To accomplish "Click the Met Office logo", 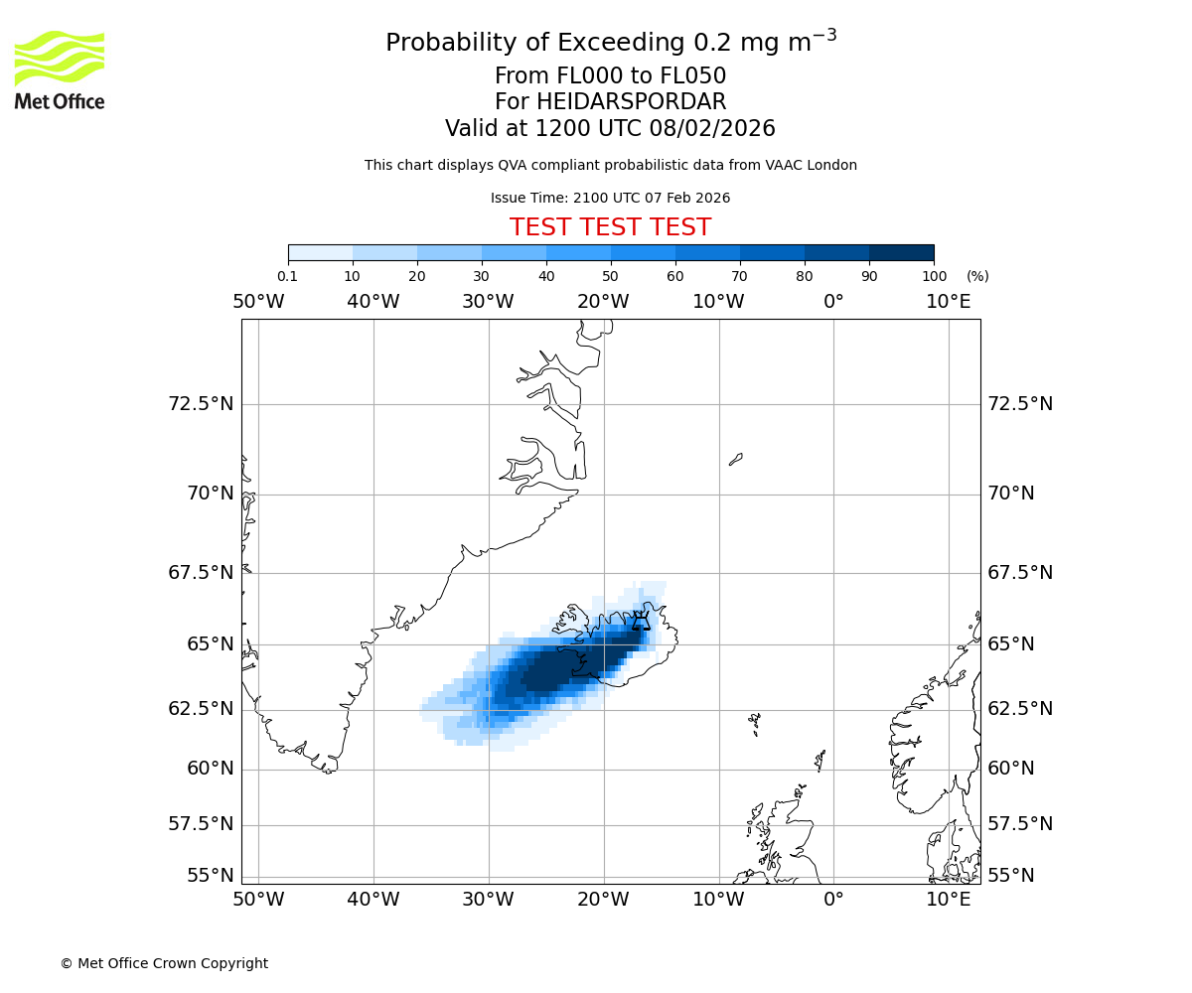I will coord(60,70).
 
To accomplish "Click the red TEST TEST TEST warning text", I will coord(610,228).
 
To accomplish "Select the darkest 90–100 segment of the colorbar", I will coord(901,252).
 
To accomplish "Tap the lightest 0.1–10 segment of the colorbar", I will coord(320,252).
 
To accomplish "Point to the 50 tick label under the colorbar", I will coord(610,277).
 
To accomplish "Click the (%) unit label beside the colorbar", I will coord(977,277).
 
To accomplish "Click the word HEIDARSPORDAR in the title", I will coord(631,102).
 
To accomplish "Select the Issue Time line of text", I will coord(610,199).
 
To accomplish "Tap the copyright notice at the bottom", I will coord(164,964).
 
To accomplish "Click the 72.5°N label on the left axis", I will coord(201,404).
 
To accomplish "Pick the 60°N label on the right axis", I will coord(1010,769).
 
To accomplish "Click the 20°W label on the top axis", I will coord(603,302).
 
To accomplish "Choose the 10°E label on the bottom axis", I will coord(948,900).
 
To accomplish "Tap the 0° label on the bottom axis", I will coord(832,900).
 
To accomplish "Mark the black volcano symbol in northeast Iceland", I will coord(642,622).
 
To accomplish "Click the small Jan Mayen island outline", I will coord(735,459).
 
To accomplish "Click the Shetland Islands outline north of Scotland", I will coord(820,760).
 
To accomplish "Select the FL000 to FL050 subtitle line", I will coord(610,76).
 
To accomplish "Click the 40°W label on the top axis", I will coord(373,302).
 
